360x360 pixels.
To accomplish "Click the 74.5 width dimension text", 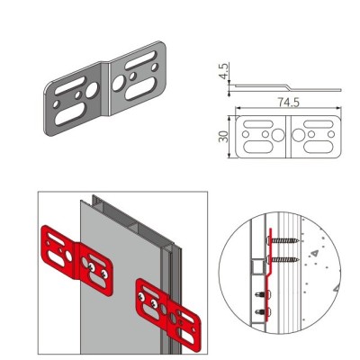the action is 288,103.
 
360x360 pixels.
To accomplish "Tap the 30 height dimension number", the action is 224,137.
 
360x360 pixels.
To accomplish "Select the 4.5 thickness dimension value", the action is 224,71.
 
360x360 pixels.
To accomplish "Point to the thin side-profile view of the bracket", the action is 288,87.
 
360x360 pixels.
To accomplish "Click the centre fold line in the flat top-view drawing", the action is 288,137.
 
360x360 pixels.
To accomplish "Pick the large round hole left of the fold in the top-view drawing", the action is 278,135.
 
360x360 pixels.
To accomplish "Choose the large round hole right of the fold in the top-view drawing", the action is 299,135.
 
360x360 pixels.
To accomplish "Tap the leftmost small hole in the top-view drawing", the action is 246,134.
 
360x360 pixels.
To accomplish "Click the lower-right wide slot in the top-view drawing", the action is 318,147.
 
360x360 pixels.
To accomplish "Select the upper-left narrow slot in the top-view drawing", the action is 258,124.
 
